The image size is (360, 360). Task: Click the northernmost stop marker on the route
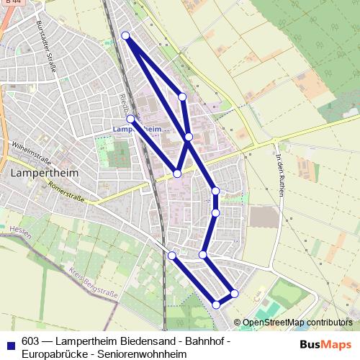click(125, 35)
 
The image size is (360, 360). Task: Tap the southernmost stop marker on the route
click(216, 305)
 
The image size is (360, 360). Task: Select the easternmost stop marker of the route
click(235, 293)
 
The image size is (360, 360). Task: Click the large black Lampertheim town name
click(45, 174)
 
